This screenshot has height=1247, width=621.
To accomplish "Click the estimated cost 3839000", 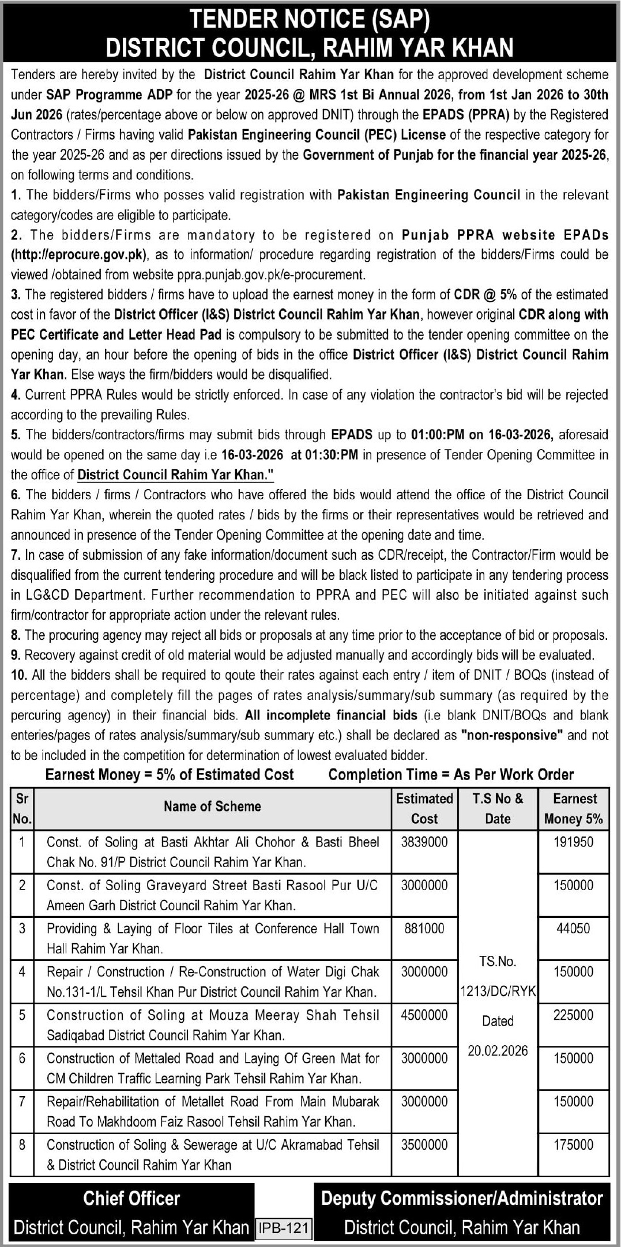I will click(424, 842).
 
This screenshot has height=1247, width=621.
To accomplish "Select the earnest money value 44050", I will click(573, 929).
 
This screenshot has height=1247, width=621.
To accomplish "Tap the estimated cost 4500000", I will click(424, 1015).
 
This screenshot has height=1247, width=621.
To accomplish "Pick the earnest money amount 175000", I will click(573, 1145).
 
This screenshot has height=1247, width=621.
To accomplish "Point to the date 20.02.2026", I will click(498, 1051).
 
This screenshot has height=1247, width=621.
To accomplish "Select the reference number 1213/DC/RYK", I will click(498, 992).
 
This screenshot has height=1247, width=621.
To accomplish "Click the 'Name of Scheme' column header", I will click(212, 807).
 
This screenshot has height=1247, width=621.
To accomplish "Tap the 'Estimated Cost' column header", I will click(424, 808).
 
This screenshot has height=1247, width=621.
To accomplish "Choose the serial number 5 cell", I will click(22, 1015).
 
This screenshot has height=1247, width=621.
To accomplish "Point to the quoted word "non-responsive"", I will click(511, 735).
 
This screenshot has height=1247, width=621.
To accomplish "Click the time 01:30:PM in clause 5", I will click(324, 455).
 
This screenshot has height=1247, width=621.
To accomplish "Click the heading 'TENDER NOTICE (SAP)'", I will click(310, 20).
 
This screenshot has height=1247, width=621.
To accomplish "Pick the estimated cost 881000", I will click(424, 929).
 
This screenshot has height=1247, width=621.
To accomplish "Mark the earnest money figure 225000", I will click(573, 1015).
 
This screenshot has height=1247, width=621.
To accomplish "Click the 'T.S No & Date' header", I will click(498, 808).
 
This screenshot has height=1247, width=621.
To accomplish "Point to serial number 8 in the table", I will click(22, 1145).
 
